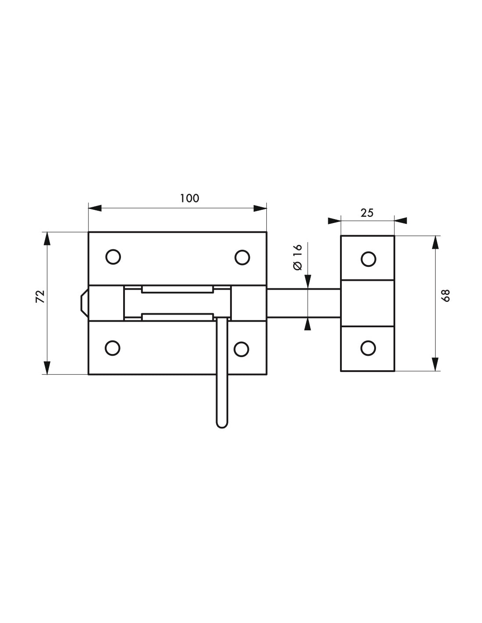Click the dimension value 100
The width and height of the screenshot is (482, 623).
click(189, 198)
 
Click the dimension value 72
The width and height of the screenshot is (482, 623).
click(40, 297)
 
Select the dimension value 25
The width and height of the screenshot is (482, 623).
click(367, 213)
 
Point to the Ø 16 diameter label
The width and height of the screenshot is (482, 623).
click(297, 257)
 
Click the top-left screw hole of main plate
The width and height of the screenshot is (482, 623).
click(113, 257)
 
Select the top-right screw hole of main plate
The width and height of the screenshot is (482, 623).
click(242, 257)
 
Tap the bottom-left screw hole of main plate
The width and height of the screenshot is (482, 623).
click(113, 348)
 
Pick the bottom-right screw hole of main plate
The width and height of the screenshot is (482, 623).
click(242, 349)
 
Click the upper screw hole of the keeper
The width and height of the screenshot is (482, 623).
click(368, 259)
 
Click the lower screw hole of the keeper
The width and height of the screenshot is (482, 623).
click(368, 348)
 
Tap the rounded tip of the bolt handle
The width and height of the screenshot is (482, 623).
click(222, 423)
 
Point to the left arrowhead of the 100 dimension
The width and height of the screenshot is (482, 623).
click(95, 208)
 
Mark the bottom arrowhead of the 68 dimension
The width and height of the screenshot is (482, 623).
click(435, 364)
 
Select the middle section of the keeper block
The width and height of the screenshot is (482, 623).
click(368, 303)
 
